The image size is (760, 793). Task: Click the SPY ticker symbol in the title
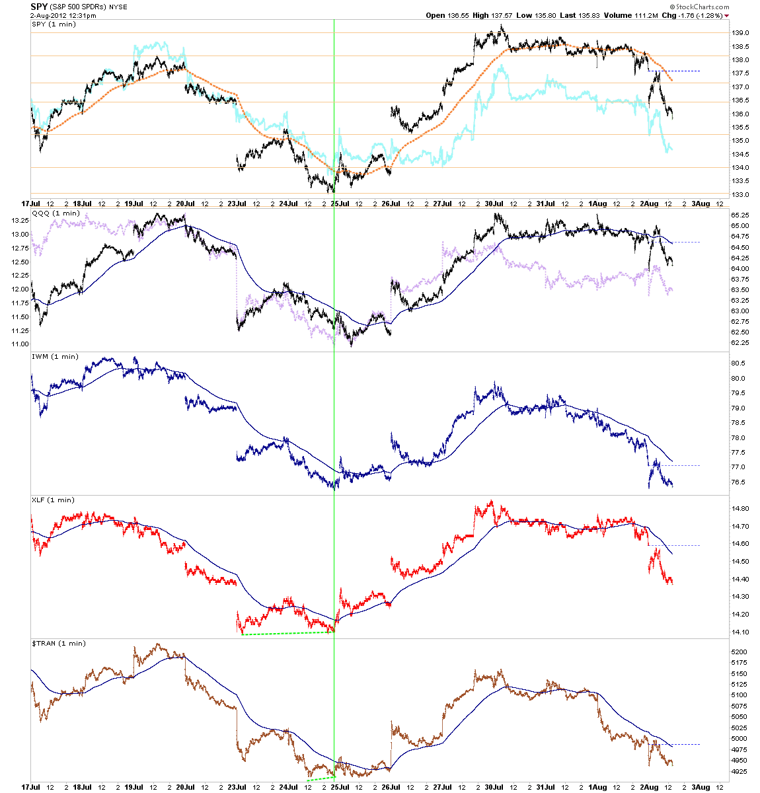point(39,7)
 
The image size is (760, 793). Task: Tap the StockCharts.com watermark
point(699,7)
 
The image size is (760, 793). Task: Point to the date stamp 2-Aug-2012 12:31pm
point(63,15)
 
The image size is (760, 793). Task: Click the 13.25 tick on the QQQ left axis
point(20,221)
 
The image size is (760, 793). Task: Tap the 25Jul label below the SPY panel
point(340,204)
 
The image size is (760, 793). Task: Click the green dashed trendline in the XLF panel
point(287,633)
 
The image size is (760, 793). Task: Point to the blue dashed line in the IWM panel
point(675,465)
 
